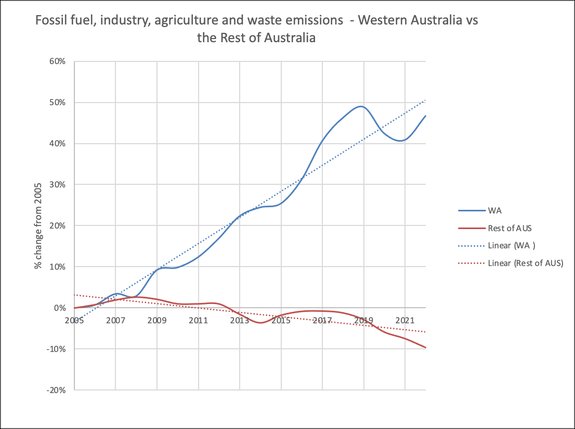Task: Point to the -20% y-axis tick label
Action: (x=57, y=390)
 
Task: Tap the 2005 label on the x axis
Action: (x=74, y=320)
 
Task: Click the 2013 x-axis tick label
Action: (x=240, y=320)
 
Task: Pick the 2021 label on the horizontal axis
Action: (x=405, y=320)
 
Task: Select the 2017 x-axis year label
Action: (x=322, y=320)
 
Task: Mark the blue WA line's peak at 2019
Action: (x=361, y=106)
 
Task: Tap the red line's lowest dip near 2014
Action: (x=260, y=323)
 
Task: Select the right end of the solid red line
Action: (x=426, y=348)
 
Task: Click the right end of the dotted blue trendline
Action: (x=426, y=100)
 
